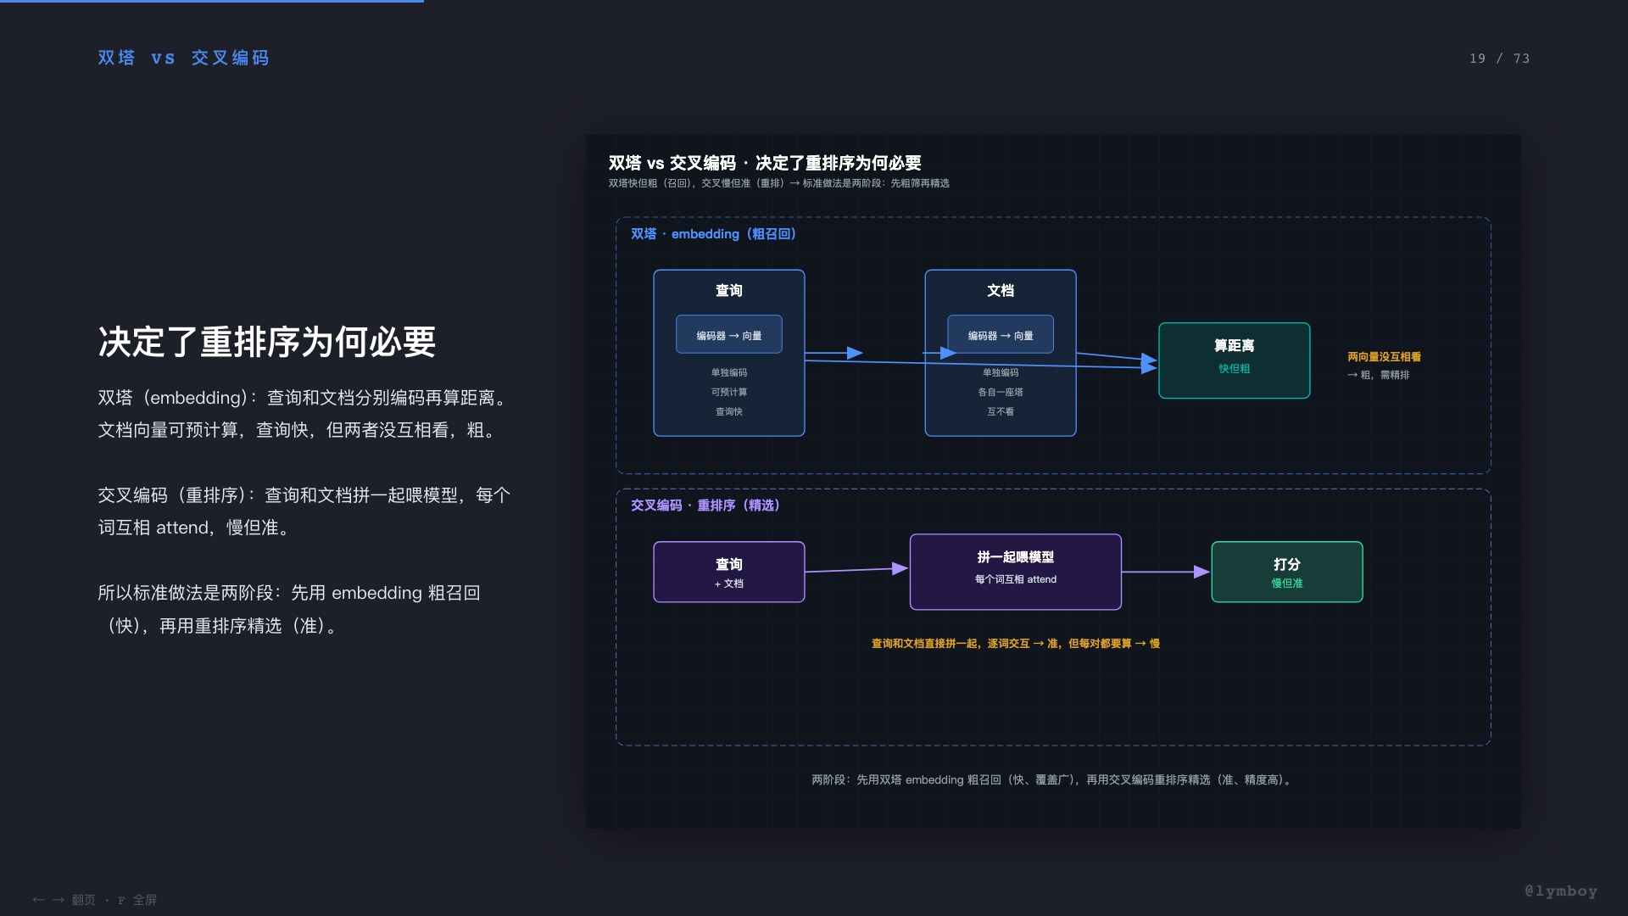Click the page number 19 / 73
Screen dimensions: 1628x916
(1499, 59)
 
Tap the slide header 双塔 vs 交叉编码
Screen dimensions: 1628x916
(183, 58)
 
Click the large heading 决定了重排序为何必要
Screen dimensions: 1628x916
(267, 342)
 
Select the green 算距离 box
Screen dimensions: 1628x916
(1234, 360)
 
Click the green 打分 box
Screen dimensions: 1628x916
(1287, 572)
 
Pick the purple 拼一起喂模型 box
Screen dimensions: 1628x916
(1016, 572)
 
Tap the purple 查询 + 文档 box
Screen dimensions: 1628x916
(729, 572)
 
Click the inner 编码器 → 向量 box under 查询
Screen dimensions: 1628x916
(729, 335)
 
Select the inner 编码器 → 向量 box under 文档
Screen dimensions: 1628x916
(1001, 335)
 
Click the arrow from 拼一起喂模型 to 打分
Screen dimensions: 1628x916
(1167, 572)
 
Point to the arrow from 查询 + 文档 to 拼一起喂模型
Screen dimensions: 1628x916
(857, 570)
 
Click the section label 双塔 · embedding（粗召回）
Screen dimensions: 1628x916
(713, 234)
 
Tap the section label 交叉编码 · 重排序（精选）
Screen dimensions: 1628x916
(705, 505)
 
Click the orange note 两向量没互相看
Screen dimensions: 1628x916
(1384, 357)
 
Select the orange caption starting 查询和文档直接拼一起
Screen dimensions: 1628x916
(1016, 644)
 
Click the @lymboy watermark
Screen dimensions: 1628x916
(1561, 891)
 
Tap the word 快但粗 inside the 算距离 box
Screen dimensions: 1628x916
(1234, 369)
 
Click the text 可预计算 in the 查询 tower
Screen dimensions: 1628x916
(729, 392)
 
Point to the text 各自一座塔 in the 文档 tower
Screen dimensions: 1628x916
(1001, 392)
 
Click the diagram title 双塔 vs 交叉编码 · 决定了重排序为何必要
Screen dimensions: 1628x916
(765, 163)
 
